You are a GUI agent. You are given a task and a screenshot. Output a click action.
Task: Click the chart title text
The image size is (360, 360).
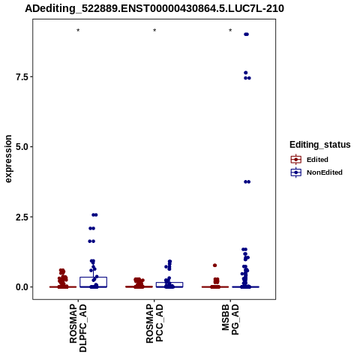[154, 9]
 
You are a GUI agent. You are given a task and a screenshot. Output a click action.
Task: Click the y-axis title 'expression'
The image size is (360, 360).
[8, 159]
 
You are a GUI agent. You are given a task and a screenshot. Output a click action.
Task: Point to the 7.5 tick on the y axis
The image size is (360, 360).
[22, 76]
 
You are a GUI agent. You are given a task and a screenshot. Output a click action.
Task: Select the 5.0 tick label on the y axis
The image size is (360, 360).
[22, 147]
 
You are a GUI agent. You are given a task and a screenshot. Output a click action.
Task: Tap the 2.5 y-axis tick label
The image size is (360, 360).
[22, 217]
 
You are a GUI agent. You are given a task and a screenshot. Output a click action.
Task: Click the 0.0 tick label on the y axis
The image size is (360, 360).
[22, 287]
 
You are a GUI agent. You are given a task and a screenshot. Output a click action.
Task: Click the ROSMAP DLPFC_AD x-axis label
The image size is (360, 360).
[78, 328]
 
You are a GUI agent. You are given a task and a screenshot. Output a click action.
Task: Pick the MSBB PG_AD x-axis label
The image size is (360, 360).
[230, 319]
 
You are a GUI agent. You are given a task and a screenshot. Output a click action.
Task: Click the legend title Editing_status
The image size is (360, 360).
[320, 145]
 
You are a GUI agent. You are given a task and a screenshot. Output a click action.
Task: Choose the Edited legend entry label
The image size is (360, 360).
[317, 160]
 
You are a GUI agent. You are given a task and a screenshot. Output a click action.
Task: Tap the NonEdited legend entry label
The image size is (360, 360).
[325, 172]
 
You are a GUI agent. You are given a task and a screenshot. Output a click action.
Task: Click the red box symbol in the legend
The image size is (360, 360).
[296, 160]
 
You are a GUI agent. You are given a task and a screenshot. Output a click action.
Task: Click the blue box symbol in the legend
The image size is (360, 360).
[296, 172]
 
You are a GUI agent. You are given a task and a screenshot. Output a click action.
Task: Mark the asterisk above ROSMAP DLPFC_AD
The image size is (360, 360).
[78, 31]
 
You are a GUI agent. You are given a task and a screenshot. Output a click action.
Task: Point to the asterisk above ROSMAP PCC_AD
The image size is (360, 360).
[154, 31]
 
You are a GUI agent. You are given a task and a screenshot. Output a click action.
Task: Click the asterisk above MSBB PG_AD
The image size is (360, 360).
[230, 31]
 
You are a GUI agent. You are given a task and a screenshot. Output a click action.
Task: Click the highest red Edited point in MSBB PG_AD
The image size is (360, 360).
[214, 265]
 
